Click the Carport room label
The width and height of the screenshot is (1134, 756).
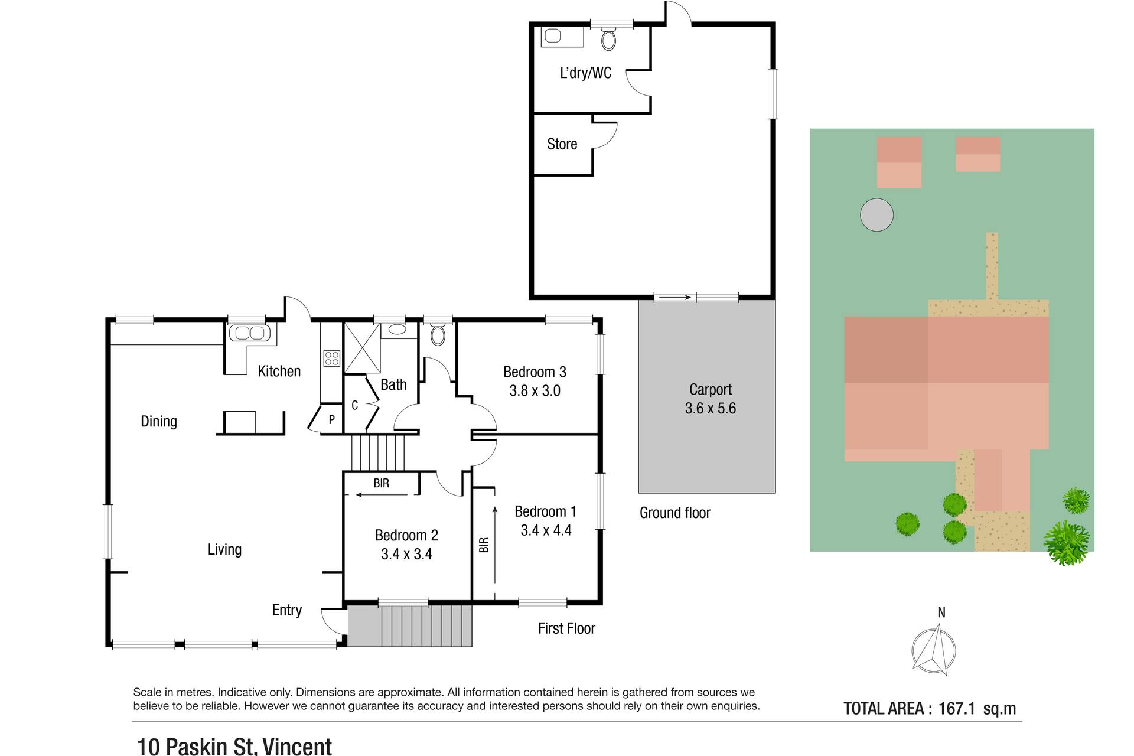[710, 390]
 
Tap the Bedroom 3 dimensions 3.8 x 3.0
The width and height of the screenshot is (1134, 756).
[535, 391]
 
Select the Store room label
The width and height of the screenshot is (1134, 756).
[562, 144]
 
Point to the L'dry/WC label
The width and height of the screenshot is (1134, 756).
[585, 73]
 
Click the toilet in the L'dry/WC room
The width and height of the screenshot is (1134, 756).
[609, 39]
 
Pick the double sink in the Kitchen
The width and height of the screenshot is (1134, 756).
[249, 333]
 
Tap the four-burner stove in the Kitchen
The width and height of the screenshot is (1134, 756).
[332, 358]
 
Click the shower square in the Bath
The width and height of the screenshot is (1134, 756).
[362, 348]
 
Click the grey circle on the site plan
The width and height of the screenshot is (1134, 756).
[876, 214]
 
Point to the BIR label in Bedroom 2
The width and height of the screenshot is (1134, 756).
[381, 483]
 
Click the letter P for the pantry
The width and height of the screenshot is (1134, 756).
[332, 419]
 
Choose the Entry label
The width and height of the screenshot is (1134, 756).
[287, 610]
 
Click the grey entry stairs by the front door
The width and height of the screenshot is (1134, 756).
[409, 625]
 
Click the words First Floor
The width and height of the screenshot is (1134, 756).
[566, 628]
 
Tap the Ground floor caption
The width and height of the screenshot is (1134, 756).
[675, 513]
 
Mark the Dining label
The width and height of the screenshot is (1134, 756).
[159, 422]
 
